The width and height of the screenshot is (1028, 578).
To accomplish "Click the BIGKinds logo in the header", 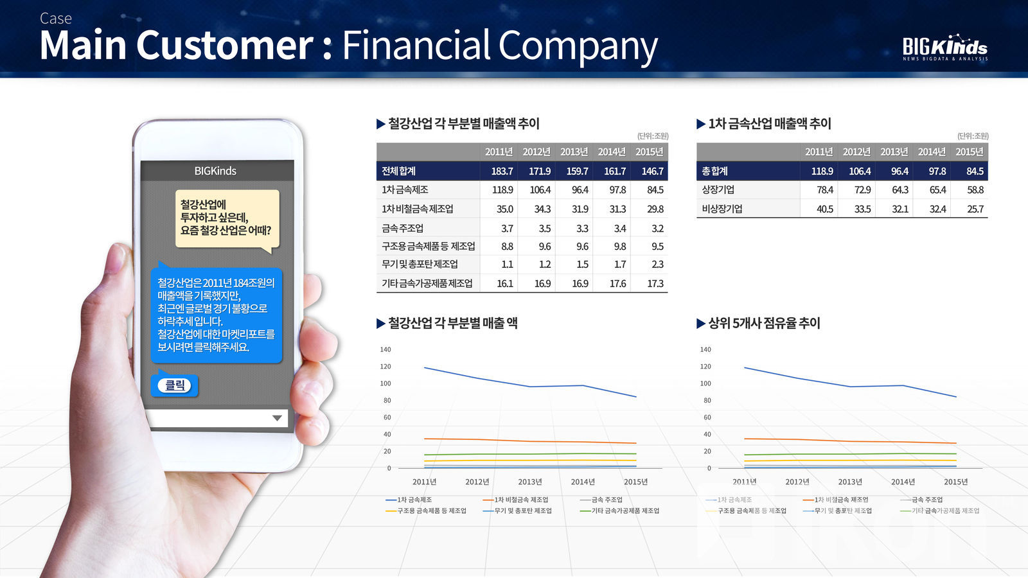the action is [945, 48].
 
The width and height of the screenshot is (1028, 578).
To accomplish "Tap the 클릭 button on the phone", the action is [174, 385].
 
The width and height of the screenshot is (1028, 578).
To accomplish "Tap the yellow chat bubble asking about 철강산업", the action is [227, 219].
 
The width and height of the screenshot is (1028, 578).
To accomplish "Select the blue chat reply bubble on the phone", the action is [216, 315].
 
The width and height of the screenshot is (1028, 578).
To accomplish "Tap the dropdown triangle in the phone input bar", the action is [277, 418].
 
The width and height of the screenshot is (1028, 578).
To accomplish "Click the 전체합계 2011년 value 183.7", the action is [502, 171].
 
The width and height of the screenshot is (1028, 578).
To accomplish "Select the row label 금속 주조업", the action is [402, 228].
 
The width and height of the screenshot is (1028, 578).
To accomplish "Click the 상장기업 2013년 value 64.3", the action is [899, 190].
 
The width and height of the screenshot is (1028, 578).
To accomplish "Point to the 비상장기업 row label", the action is [722, 209].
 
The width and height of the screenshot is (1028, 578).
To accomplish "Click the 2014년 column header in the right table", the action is [932, 152].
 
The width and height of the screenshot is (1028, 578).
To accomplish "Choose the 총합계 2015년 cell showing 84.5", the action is [975, 171].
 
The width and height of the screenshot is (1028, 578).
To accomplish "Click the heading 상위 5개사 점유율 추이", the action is [764, 324].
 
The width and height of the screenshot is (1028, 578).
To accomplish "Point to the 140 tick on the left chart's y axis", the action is [385, 349].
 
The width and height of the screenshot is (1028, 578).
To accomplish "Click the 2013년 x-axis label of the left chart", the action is [530, 482].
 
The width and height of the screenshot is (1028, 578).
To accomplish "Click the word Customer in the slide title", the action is [225, 45].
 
